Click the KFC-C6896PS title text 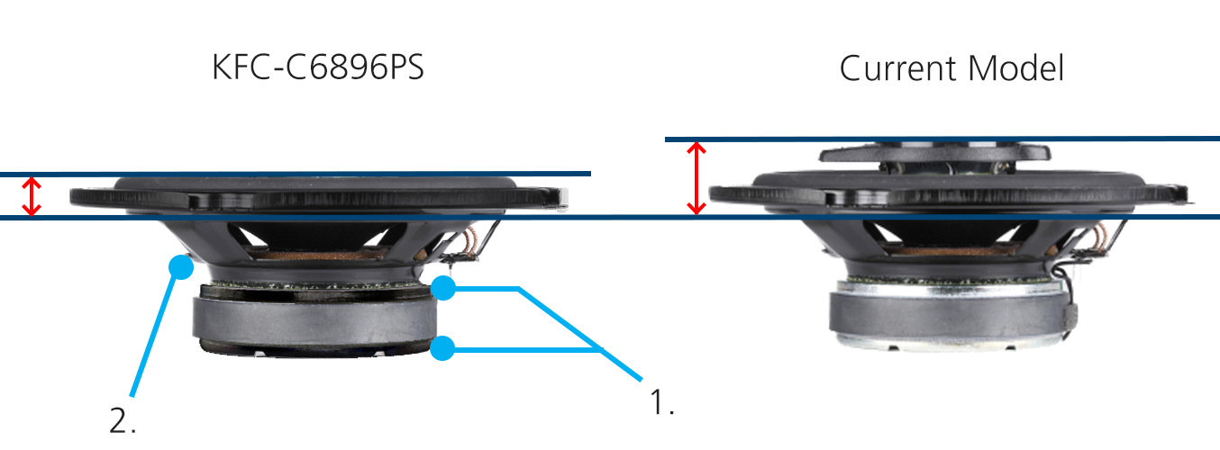pyautogui.click(x=317, y=68)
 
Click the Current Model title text pyautogui.click(x=951, y=68)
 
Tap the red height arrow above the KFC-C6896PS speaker pyautogui.click(x=32, y=196)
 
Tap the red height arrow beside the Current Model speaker pyautogui.click(x=695, y=177)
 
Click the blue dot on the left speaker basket pyautogui.click(x=182, y=265)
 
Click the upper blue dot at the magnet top pyautogui.click(x=442, y=289)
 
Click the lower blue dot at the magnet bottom pyautogui.click(x=442, y=348)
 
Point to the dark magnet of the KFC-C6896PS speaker pyautogui.click(x=315, y=319)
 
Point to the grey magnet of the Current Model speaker pyautogui.click(x=946, y=310)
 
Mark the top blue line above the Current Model pyautogui.click(x=942, y=139)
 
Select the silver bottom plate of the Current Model pyautogui.click(x=946, y=340)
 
